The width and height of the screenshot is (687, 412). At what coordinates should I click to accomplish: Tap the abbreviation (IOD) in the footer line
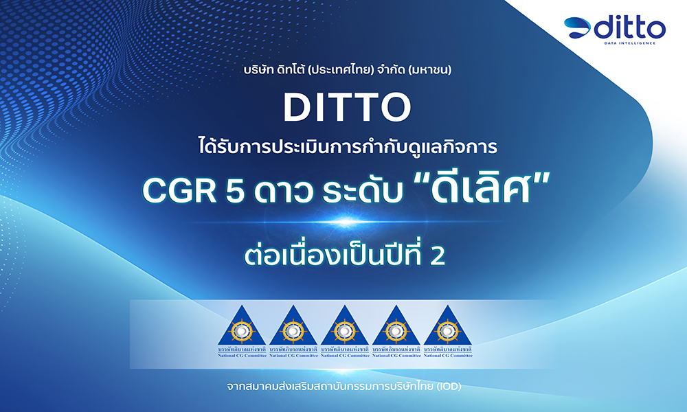[447, 387]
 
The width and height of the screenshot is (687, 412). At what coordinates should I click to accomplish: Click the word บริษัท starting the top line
[249, 70]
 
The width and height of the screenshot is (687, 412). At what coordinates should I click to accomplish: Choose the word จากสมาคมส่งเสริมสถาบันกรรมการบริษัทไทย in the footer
[329, 387]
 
